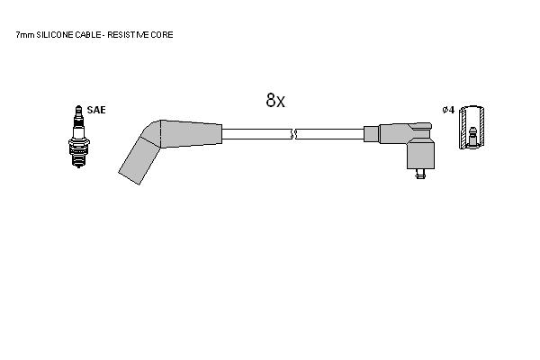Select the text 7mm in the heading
click(x=25, y=35)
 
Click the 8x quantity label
click(x=275, y=100)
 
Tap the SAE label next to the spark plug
click(x=96, y=110)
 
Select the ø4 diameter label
click(x=448, y=110)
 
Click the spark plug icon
click(x=79, y=137)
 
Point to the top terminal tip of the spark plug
click(x=79, y=106)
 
